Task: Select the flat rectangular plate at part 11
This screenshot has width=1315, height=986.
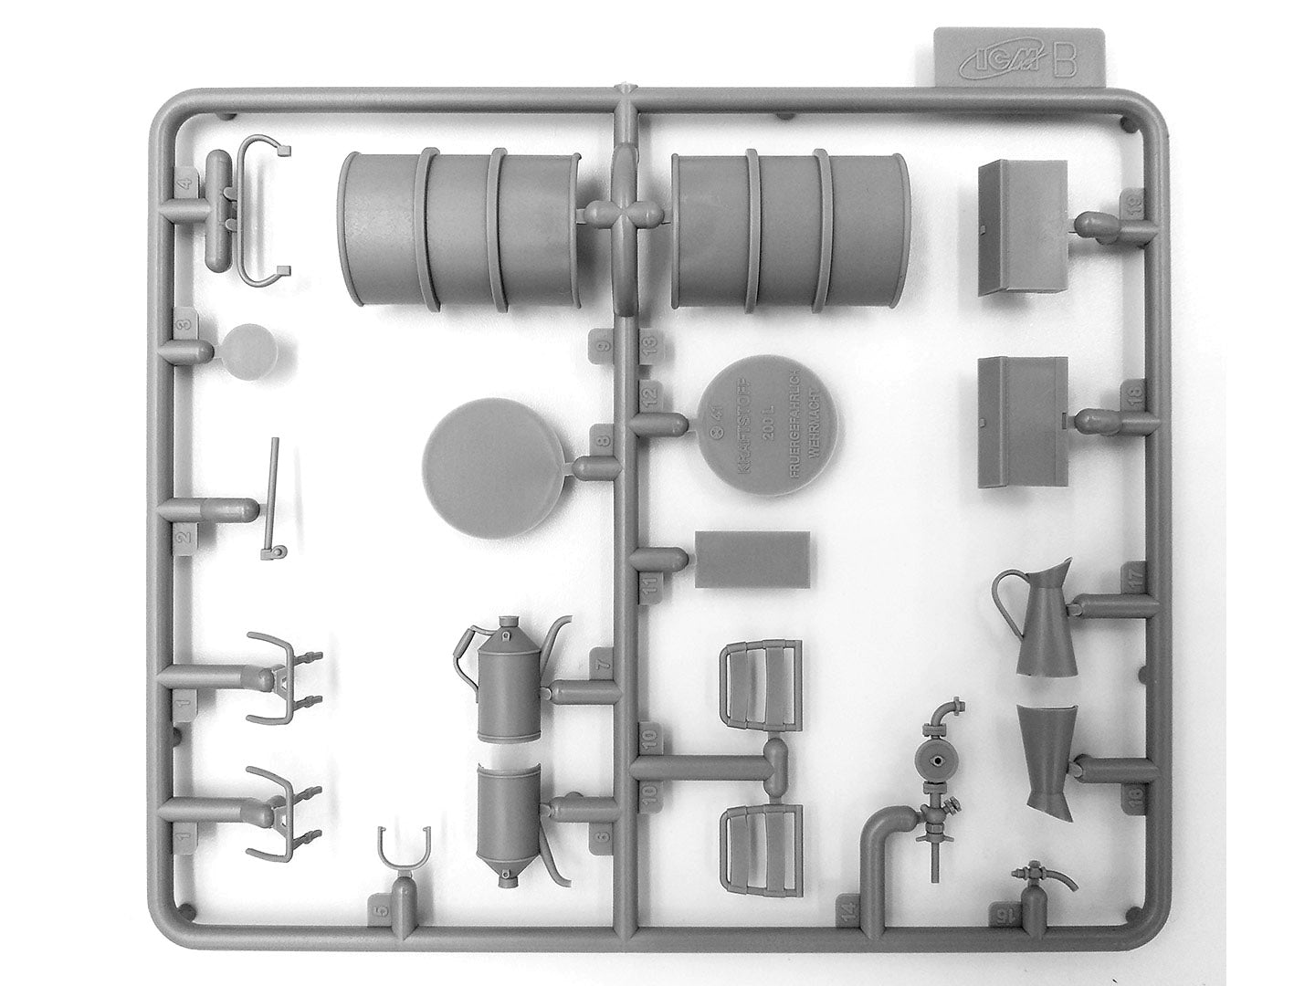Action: (x=752, y=559)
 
